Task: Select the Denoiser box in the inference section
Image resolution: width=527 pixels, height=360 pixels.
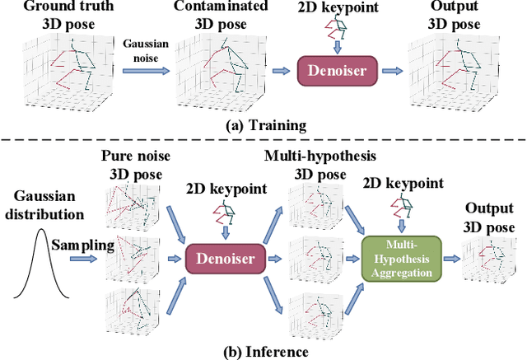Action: [219, 257]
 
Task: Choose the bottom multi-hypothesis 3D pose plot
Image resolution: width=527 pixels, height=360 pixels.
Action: [317, 311]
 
